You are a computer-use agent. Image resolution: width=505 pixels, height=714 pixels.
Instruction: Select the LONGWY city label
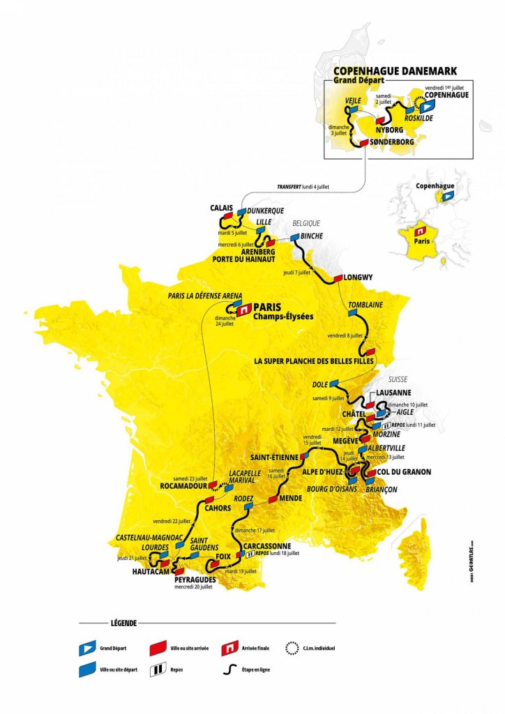(359, 277)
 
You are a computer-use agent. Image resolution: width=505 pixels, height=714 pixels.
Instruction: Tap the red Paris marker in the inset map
(421, 231)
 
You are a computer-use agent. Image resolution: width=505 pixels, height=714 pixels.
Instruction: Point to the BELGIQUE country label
(305, 224)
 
